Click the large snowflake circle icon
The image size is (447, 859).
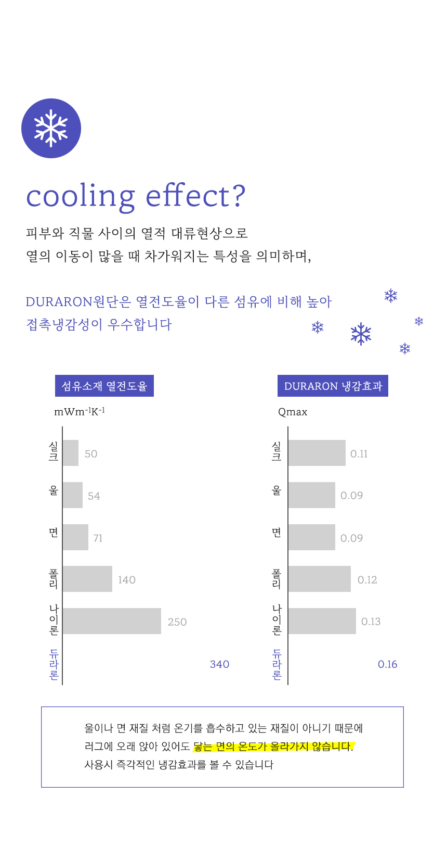pos(51,128)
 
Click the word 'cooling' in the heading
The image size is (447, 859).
pos(81,197)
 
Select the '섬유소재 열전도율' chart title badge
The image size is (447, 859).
pos(104,386)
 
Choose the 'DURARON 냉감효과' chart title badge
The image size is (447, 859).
pos(333,386)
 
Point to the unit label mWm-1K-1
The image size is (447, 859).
pos(80,412)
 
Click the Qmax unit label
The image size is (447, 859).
pos(293,412)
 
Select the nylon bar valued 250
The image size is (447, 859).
pos(112,621)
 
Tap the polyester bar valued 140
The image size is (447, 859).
pos(87,579)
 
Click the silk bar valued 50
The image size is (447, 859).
pos(71,453)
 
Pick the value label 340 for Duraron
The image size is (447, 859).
pos(219,664)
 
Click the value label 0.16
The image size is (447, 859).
pos(387,664)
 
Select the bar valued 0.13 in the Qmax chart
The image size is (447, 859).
pos(322,621)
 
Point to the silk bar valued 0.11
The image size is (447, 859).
pos(317,453)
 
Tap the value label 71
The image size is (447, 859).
pos(98,538)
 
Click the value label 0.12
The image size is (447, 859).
pos(367,580)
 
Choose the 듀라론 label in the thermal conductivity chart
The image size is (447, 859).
pos(54,664)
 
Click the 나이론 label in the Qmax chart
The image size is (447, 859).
pos(277,620)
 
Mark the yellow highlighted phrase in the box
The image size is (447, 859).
pos(273,747)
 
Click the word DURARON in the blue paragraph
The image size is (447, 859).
pos(59,302)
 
